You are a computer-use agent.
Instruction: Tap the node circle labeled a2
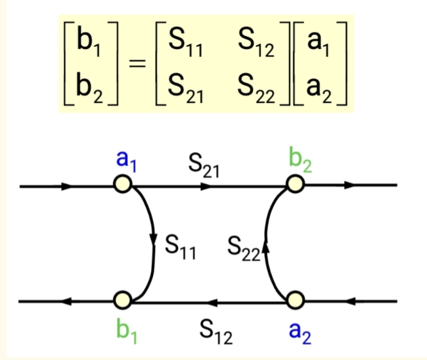[295, 300]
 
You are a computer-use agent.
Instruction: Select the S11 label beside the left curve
[181, 246]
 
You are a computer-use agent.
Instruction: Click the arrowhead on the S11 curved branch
[154, 240]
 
